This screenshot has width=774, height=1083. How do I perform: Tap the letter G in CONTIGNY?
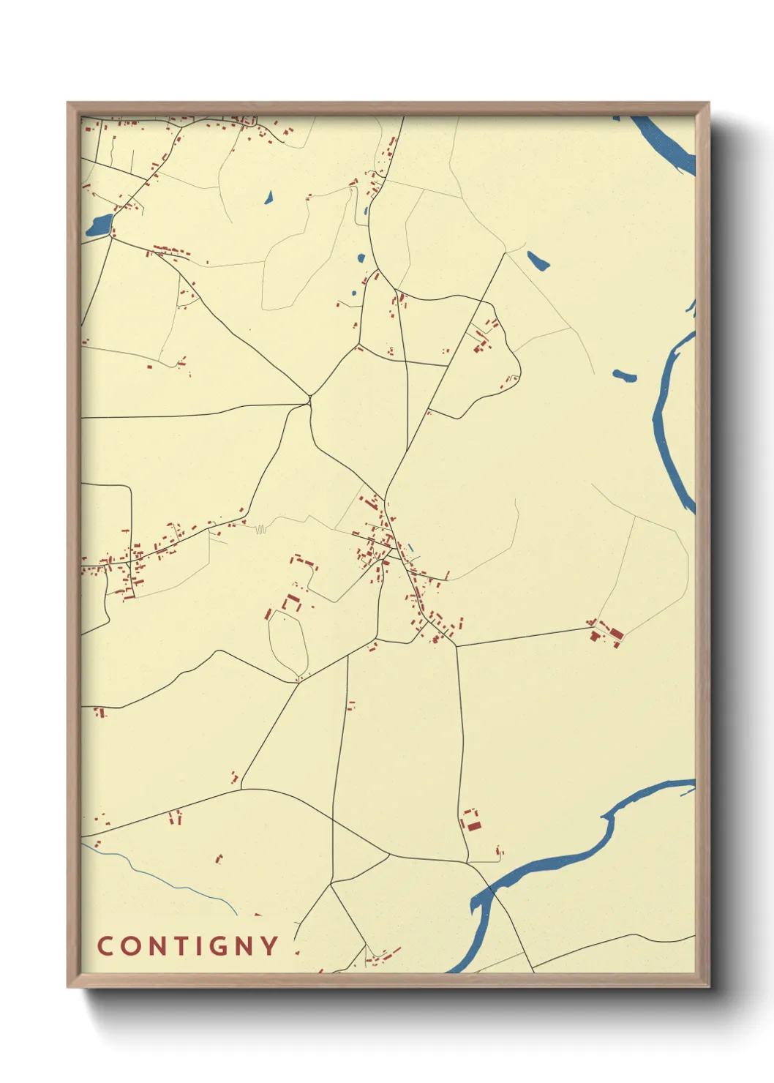(219, 945)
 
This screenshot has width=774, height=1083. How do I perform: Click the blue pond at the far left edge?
(99, 225)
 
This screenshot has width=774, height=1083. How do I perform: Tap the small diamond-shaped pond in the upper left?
(268, 197)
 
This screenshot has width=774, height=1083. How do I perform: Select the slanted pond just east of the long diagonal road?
(538, 261)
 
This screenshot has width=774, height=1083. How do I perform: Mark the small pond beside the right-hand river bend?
(624, 376)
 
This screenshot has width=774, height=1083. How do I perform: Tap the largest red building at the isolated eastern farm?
(616, 633)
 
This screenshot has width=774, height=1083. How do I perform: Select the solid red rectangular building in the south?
(474, 826)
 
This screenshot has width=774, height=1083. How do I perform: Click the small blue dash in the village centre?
(410, 547)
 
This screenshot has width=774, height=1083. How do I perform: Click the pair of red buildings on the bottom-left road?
(175, 817)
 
